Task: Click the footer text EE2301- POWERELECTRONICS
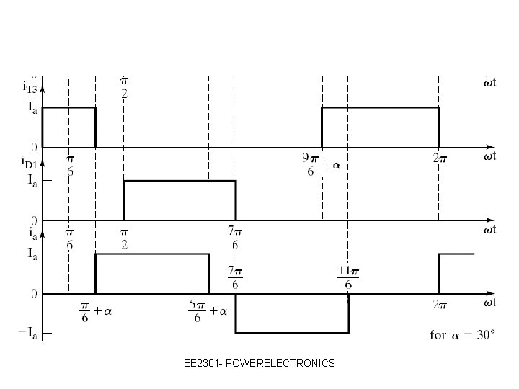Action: [x=259, y=364]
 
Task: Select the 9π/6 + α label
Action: [x=320, y=164]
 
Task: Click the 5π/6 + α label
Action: [x=208, y=311]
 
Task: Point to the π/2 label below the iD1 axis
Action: [x=124, y=238]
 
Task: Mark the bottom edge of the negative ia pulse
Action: [x=292, y=333]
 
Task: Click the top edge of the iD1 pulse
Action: [x=179, y=180]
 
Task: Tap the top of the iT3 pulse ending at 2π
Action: [x=380, y=107]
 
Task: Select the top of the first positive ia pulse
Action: [x=152, y=254]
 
